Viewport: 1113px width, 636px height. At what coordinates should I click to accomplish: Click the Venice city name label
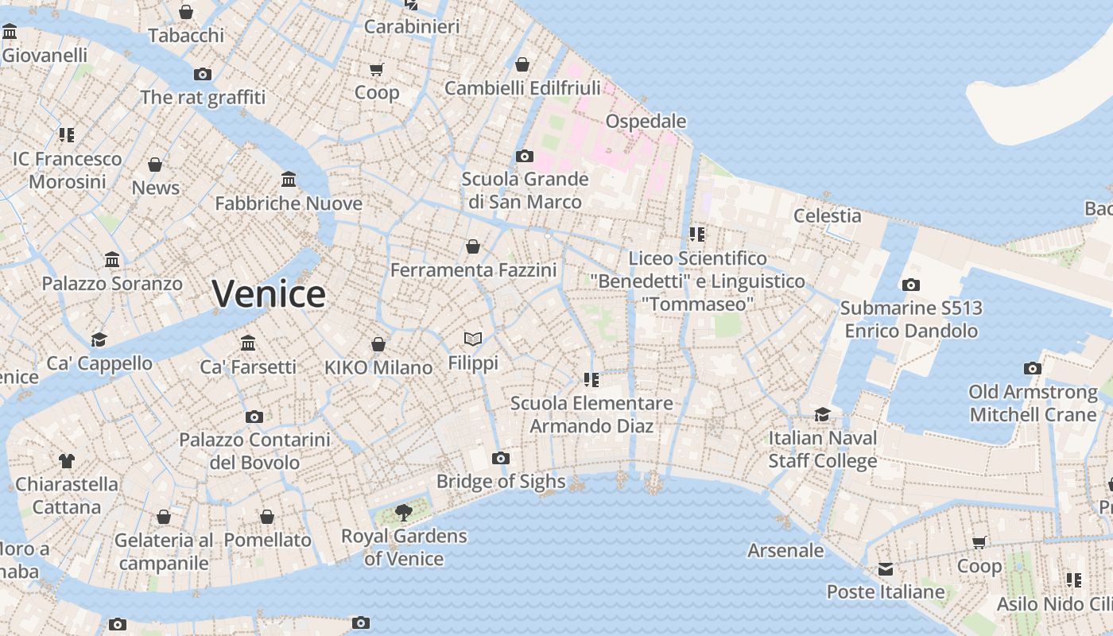coord(269,294)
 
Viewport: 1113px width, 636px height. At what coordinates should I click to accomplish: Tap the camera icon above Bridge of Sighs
coord(500,458)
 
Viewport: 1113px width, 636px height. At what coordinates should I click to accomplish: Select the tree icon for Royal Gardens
coord(404,512)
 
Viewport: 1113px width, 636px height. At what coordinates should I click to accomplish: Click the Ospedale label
coord(646,121)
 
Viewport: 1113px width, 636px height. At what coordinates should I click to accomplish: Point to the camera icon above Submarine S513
coord(911,285)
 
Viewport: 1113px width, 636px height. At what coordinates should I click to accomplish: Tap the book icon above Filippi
coord(473,339)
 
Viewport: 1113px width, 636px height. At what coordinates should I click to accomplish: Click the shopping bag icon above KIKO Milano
coord(378,344)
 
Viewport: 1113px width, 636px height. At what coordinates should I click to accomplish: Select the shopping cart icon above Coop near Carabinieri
coord(377,69)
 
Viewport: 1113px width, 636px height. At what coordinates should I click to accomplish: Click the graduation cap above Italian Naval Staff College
coord(822,414)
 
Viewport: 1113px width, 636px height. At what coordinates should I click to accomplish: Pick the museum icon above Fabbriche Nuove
coord(289,180)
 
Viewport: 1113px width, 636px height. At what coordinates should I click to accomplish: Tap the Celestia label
coord(827,215)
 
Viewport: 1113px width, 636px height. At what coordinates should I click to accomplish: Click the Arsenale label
coord(785,550)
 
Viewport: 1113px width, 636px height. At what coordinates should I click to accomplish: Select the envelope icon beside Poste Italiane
coord(886,569)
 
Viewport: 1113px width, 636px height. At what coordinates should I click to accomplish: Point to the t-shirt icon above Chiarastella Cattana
coord(67,460)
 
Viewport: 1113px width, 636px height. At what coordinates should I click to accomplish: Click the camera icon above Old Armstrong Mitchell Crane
coord(1033,368)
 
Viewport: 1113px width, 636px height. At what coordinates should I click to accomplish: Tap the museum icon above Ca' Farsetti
coord(248,343)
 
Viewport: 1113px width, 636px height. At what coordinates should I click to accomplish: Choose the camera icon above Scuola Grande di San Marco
coord(525,156)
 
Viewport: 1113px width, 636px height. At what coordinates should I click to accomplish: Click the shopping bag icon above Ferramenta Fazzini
coord(473,246)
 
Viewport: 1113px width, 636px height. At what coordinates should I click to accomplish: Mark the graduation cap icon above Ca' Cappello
coord(99,339)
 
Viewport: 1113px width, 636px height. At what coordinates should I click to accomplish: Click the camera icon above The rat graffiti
coord(203,74)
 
